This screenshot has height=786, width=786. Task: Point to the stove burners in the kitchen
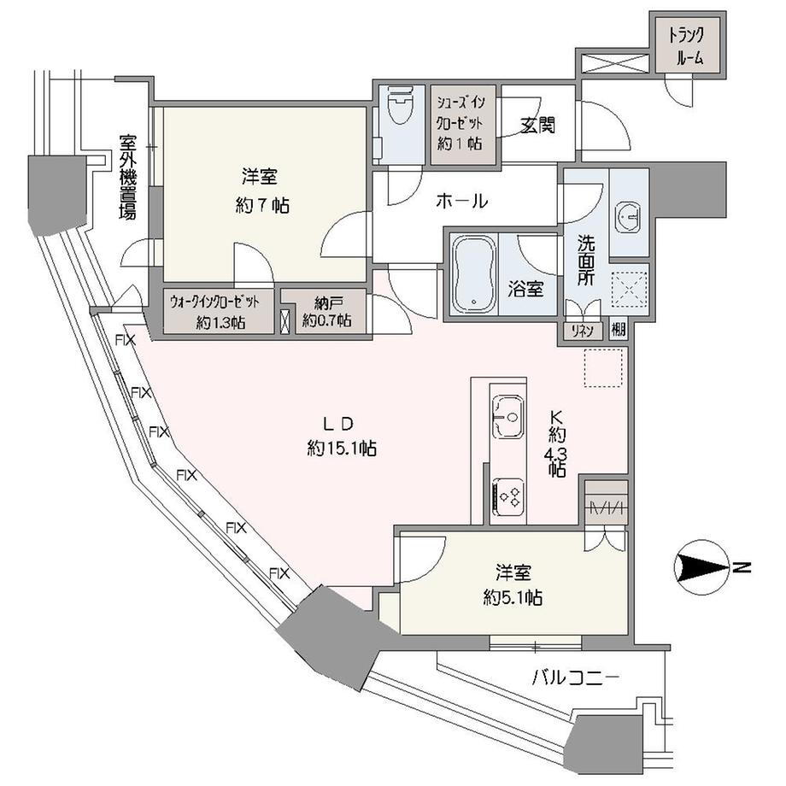coord(510,496)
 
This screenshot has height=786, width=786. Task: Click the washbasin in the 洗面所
coord(630,216)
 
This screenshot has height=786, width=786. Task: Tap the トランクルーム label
coord(686,47)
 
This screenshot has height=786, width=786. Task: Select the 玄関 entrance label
coord(537,125)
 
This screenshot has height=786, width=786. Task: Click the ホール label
coord(462,202)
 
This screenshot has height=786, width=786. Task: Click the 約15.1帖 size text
coord(343,448)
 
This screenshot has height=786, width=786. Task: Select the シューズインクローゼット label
coord(462,109)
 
